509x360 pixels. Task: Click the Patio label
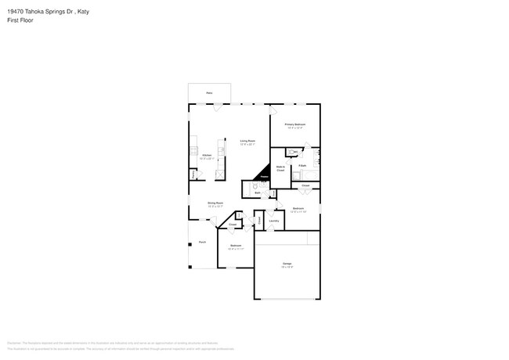click(x=209, y=92)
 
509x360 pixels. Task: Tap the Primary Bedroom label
click(x=294, y=124)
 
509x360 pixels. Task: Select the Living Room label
click(x=247, y=142)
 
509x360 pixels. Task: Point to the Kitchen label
click(x=207, y=156)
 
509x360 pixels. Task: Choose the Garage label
click(x=287, y=264)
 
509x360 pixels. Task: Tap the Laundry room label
click(x=274, y=221)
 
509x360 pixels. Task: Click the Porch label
click(x=202, y=242)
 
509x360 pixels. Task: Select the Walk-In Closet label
click(x=280, y=168)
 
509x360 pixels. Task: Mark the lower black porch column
click(x=190, y=263)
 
